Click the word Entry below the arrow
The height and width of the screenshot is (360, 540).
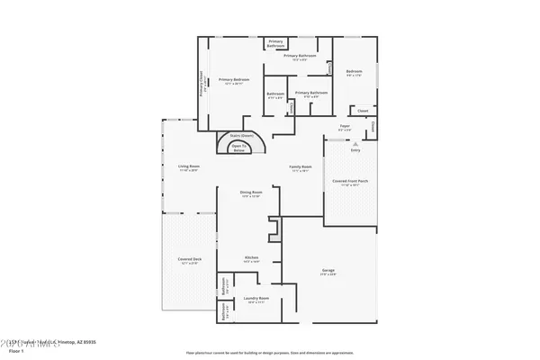(355, 149)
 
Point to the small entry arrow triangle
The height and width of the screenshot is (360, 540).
(355, 143)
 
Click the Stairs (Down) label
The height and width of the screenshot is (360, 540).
(240, 135)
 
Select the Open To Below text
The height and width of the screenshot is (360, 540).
(239, 148)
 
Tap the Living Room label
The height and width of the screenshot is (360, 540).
(188, 166)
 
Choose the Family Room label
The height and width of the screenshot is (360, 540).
(300, 166)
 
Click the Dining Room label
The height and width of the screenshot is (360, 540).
(251, 193)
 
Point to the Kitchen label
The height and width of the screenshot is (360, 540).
(252, 257)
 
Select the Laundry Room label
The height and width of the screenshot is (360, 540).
(252, 298)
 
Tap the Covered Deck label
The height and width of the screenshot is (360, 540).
(189, 259)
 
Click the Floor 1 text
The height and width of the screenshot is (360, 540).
(15, 351)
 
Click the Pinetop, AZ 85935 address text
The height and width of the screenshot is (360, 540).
(76, 343)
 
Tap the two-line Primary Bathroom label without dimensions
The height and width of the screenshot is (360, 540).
(275, 43)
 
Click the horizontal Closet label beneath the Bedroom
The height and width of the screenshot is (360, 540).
(363, 111)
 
